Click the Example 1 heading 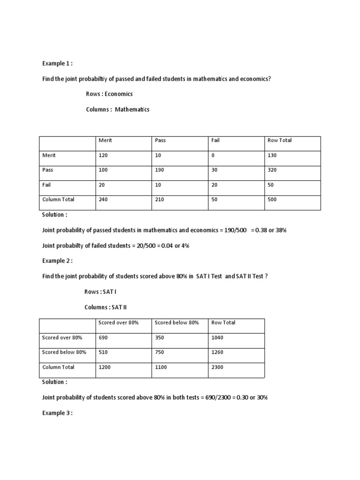click(57, 63)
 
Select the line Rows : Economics click(109, 94)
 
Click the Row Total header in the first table click(279, 140)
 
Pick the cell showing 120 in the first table click(103, 155)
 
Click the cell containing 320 click(272, 170)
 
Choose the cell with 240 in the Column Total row click(103, 199)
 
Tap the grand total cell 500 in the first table click(272, 199)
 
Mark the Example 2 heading click(57, 261)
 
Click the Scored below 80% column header click(177, 322)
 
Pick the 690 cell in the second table click(103, 337)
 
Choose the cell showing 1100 click(161, 367)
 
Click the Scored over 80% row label click(62, 337)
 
